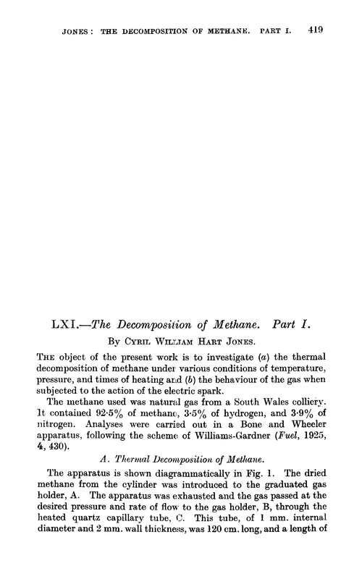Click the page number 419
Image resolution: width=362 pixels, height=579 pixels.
(x=314, y=31)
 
